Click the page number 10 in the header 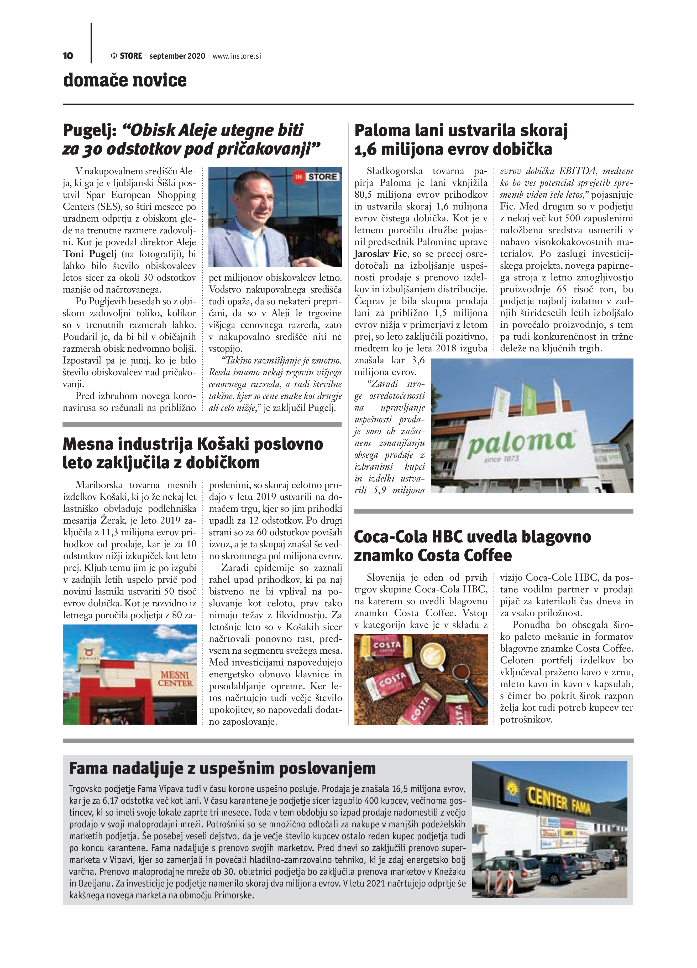(x=68, y=56)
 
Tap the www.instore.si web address (x=237, y=56)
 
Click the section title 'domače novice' (x=125, y=80)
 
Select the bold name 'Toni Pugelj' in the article (x=90, y=254)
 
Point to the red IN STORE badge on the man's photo (x=316, y=177)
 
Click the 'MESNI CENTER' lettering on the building (x=175, y=679)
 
